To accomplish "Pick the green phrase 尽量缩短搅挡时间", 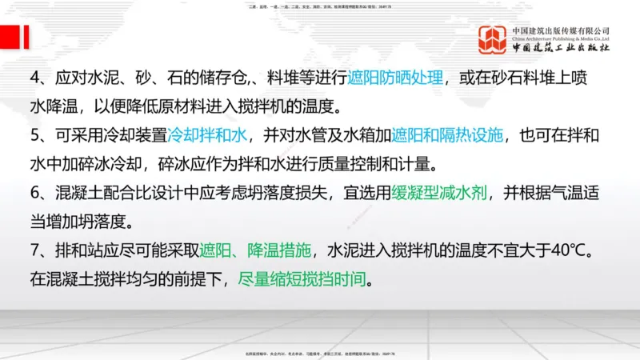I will click(306, 280).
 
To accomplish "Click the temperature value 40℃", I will click(573, 250).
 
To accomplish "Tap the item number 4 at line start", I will click(34, 78).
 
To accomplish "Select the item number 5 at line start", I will click(34, 136).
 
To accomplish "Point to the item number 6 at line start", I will click(34, 193).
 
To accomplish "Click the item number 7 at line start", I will click(34, 250).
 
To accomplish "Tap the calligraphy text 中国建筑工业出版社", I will click(561, 48).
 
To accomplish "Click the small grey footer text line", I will click(320, 353).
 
